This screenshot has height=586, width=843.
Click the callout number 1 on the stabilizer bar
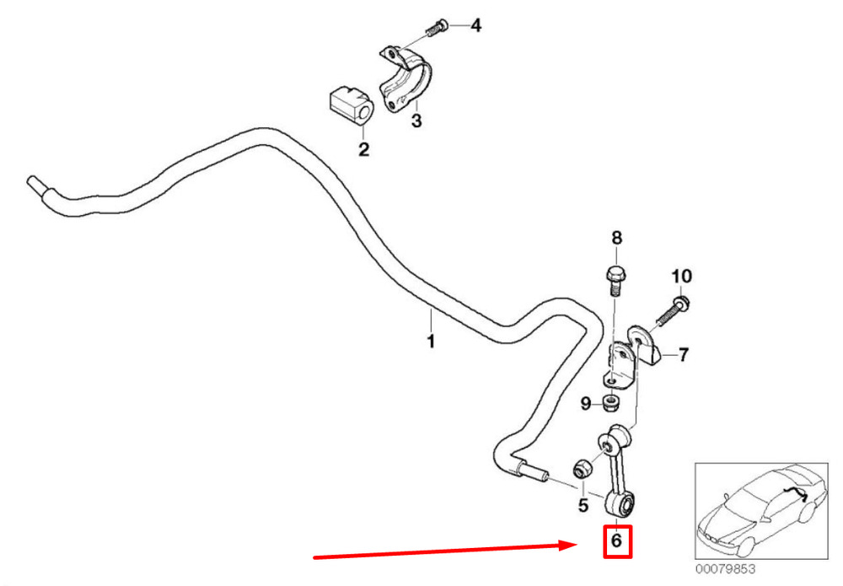click(x=430, y=341)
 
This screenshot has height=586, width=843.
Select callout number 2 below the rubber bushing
click(x=363, y=150)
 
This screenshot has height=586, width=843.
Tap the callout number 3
click(x=416, y=121)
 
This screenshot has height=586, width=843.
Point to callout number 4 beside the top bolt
click(x=475, y=26)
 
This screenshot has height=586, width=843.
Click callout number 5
click(x=583, y=506)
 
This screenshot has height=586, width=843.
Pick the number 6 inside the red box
click(x=616, y=540)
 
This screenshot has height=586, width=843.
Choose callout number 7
click(x=683, y=354)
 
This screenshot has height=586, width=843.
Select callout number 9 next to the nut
click(x=585, y=405)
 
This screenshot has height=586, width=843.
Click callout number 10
click(x=681, y=276)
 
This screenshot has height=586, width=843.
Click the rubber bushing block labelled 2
click(x=347, y=104)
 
